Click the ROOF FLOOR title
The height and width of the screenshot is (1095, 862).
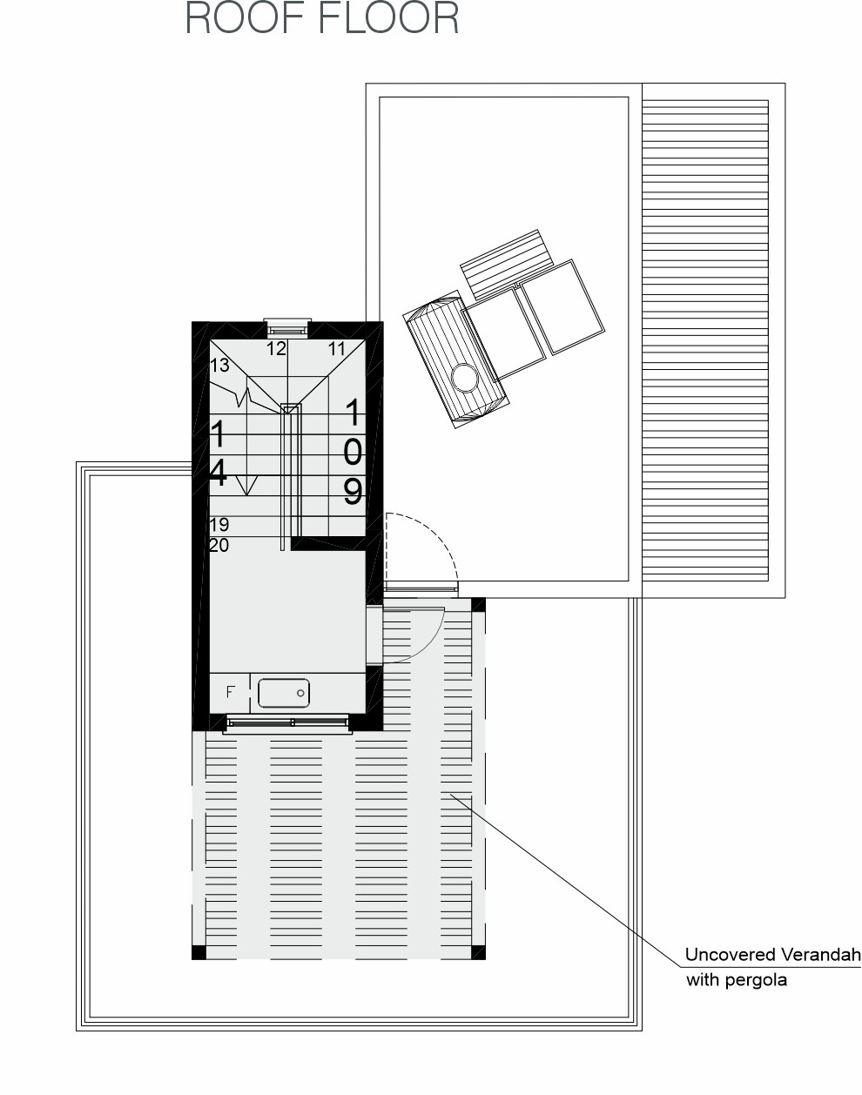tap(322, 18)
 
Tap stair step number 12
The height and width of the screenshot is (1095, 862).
tap(276, 349)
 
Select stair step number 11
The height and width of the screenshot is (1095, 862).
tap(337, 349)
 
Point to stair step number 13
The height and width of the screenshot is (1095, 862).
tap(219, 365)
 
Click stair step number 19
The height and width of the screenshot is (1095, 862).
tap(219, 524)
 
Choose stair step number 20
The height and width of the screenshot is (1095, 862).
tap(219, 545)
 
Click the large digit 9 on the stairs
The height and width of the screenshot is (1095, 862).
tap(353, 491)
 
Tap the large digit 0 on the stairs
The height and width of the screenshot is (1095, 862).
tap(353, 452)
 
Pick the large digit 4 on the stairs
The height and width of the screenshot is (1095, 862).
tap(218, 472)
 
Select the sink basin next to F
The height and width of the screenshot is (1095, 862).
tap(284, 693)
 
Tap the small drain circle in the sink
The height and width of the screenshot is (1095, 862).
tap(300, 693)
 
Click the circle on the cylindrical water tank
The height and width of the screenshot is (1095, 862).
tap(465, 378)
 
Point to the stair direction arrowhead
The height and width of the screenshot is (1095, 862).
tap(246, 486)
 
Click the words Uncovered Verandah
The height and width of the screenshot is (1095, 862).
tap(772, 955)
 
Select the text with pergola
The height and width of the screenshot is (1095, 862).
tap(737, 980)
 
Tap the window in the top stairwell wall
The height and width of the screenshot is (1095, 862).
tap(287, 327)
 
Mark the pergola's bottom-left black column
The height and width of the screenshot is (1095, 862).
tap(199, 952)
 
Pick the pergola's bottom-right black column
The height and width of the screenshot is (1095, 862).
tap(478, 952)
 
